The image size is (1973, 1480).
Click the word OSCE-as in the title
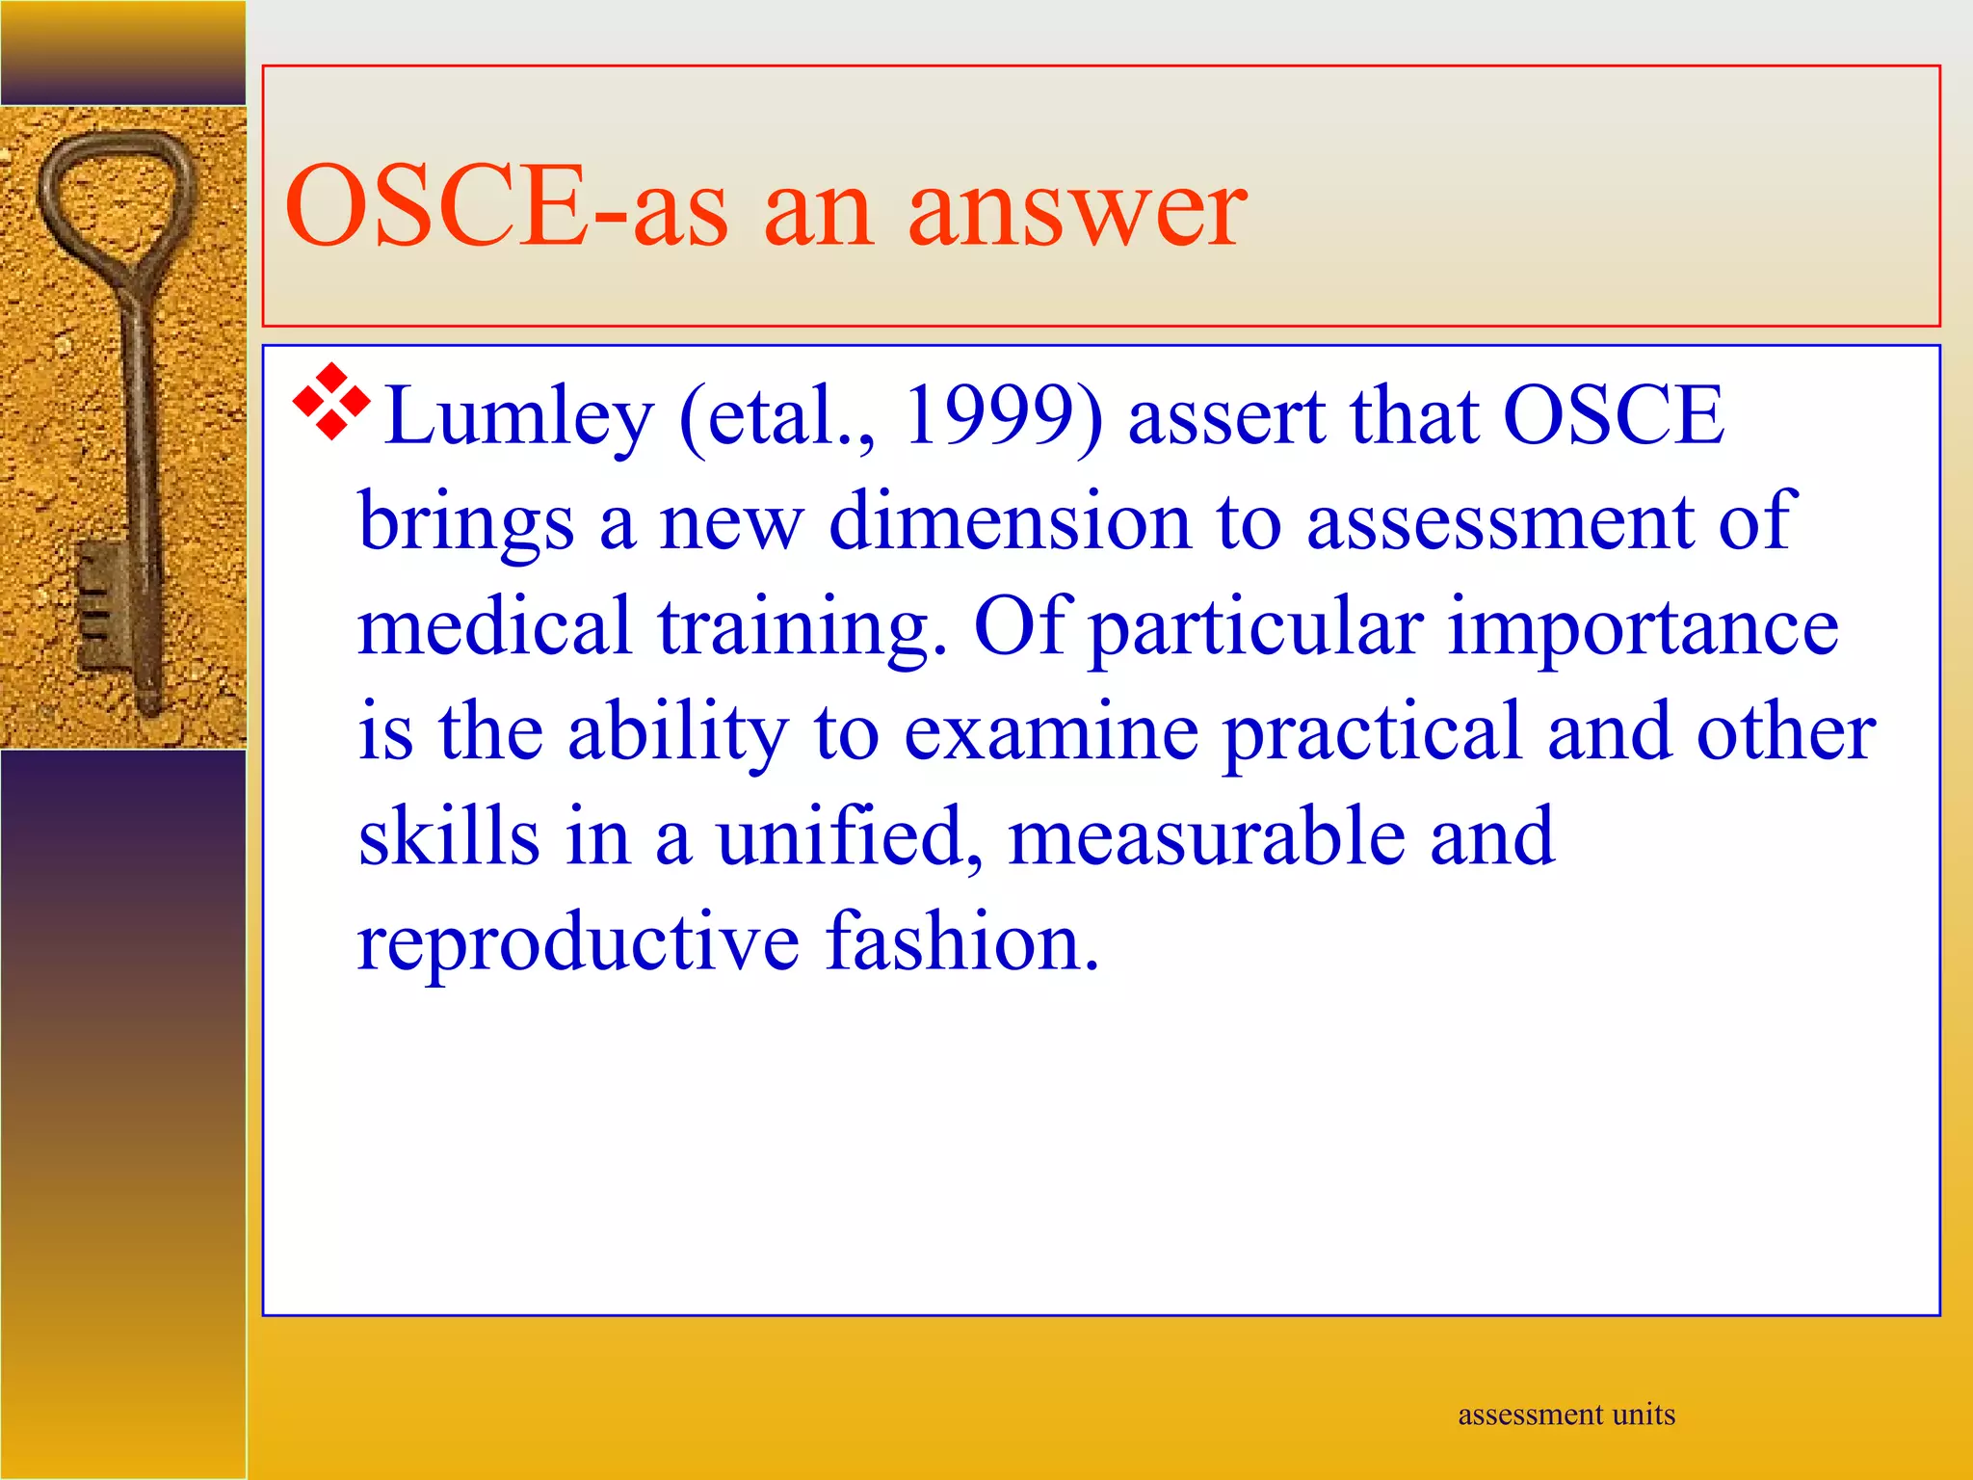(x=506, y=205)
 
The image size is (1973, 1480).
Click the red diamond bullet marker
(x=330, y=403)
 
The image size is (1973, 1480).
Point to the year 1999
(x=1002, y=415)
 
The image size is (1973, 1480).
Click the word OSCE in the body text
(x=1613, y=415)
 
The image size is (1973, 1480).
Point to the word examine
(x=1051, y=731)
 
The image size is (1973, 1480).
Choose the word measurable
(x=1205, y=835)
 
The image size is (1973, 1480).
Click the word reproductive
(x=578, y=942)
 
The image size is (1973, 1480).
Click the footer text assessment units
(x=1565, y=1414)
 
